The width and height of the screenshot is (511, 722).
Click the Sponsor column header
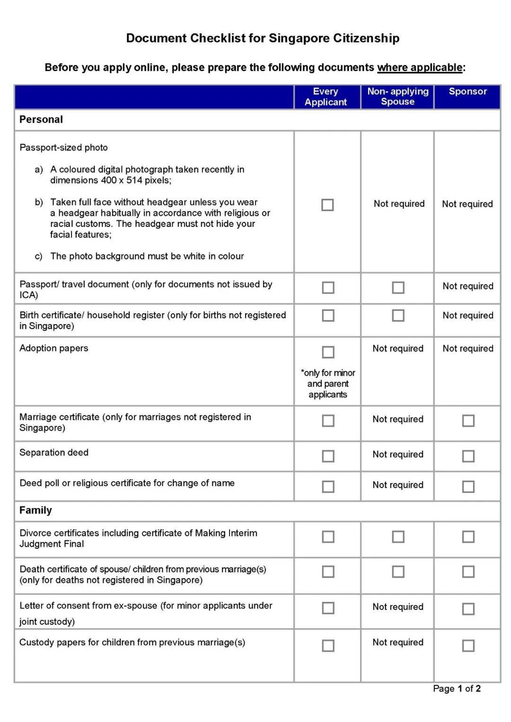(x=467, y=92)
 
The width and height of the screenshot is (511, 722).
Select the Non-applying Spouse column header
(x=397, y=97)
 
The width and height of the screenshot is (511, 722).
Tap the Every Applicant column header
(x=326, y=97)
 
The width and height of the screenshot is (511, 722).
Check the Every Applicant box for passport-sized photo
(x=327, y=205)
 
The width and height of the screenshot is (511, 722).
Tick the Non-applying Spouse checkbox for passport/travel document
(x=398, y=288)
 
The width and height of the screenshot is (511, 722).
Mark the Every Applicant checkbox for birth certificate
(x=328, y=316)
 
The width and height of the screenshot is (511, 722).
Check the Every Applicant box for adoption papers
(x=328, y=352)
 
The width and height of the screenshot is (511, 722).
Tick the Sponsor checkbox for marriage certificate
(x=468, y=421)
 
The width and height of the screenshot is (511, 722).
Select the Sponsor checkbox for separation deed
(x=468, y=456)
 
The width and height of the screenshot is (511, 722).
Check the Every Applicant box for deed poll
(x=328, y=486)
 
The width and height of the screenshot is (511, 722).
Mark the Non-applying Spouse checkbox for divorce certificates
(x=398, y=537)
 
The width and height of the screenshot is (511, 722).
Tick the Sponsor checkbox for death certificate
(x=468, y=572)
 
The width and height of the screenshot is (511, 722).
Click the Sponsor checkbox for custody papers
(x=468, y=646)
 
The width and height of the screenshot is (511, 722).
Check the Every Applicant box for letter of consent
(x=328, y=608)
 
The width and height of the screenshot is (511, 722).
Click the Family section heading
(x=36, y=511)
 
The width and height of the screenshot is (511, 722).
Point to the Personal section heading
(x=41, y=120)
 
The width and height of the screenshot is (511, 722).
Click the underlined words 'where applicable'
(x=420, y=68)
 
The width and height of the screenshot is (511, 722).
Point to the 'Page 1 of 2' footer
(x=457, y=689)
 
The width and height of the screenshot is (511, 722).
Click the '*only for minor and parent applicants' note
(x=328, y=384)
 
